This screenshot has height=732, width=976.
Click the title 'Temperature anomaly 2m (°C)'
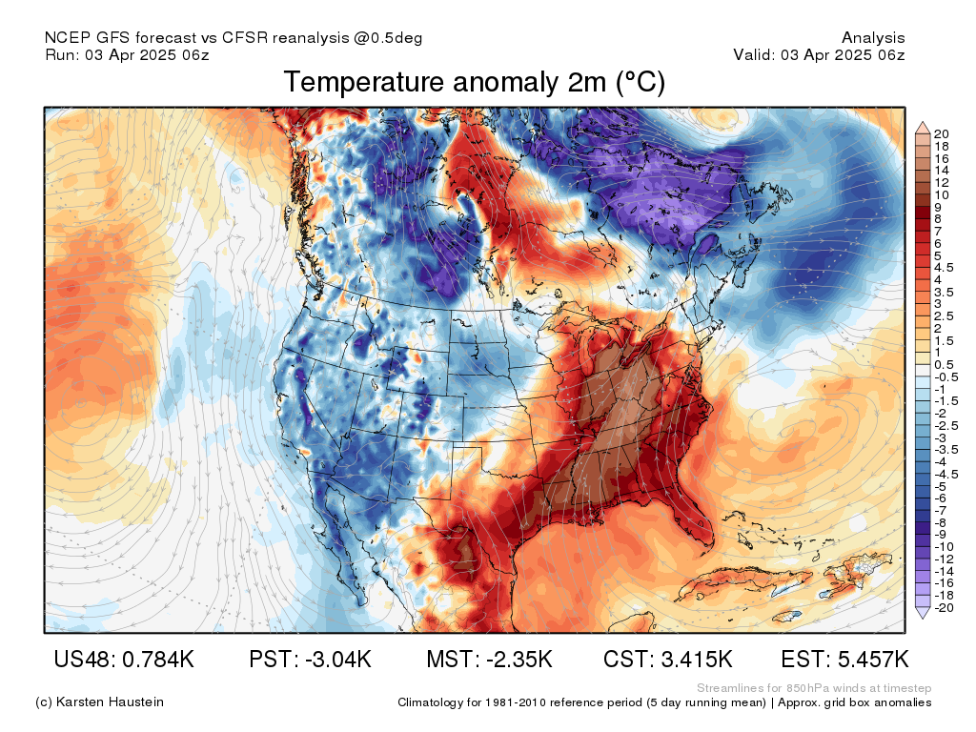click(x=475, y=83)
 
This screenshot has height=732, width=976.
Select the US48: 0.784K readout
click(x=124, y=659)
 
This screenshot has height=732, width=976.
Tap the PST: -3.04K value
click(x=310, y=659)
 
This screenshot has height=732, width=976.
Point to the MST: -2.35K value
click(x=489, y=659)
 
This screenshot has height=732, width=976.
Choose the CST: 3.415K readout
click(x=668, y=659)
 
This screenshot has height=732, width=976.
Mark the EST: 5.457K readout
click(x=844, y=659)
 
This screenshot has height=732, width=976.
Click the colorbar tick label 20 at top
click(x=942, y=133)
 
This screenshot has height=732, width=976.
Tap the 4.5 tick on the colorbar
click(x=944, y=268)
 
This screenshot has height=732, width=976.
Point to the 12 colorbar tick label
click(x=942, y=182)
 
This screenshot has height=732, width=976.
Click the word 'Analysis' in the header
click(x=873, y=38)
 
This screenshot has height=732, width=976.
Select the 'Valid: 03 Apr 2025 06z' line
click(x=819, y=54)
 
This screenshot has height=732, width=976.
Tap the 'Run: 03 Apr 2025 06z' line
click(x=127, y=54)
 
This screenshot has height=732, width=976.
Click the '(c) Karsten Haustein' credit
click(x=99, y=702)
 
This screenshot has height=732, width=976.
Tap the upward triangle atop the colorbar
click(x=923, y=128)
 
